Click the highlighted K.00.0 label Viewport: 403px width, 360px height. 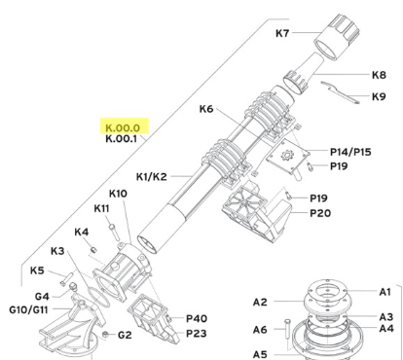pyautogui.click(x=123, y=127)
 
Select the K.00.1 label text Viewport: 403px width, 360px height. pyautogui.click(x=121, y=139)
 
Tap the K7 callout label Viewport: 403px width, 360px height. pyautogui.click(x=282, y=33)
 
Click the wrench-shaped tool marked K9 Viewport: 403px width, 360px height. pyautogui.click(x=341, y=92)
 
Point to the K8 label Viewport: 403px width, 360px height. pyautogui.click(x=379, y=75)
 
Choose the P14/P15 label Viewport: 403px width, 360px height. pyautogui.click(x=350, y=152)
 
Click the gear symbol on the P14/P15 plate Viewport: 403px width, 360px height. pyautogui.click(x=287, y=155)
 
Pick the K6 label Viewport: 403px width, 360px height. pyautogui.click(x=206, y=109)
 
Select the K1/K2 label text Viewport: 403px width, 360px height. pyautogui.click(x=152, y=177)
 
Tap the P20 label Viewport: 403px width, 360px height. pyautogui.click(x=320, y=213)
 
